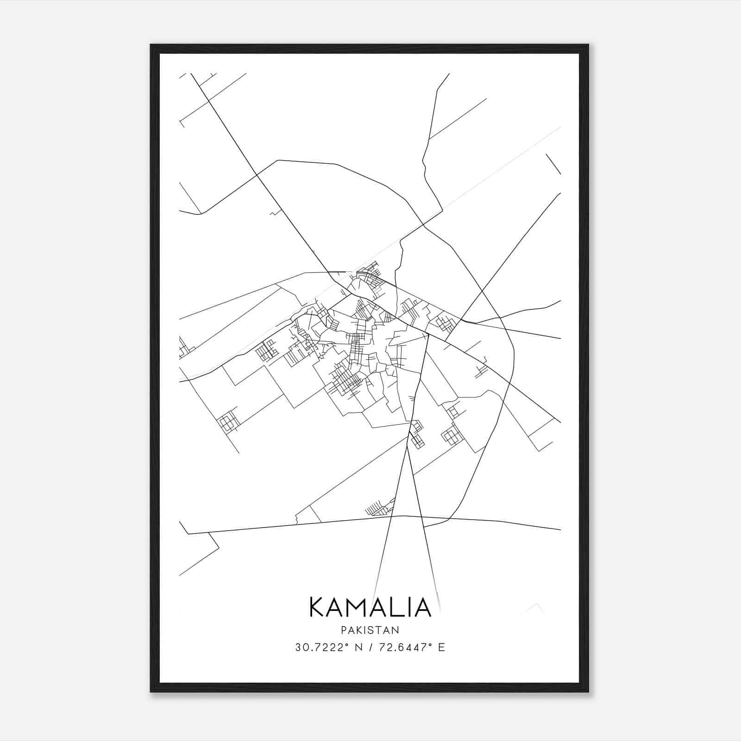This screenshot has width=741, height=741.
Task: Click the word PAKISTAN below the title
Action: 370,630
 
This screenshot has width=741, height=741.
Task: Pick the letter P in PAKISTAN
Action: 343,630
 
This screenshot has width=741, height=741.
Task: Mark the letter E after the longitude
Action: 441,647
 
